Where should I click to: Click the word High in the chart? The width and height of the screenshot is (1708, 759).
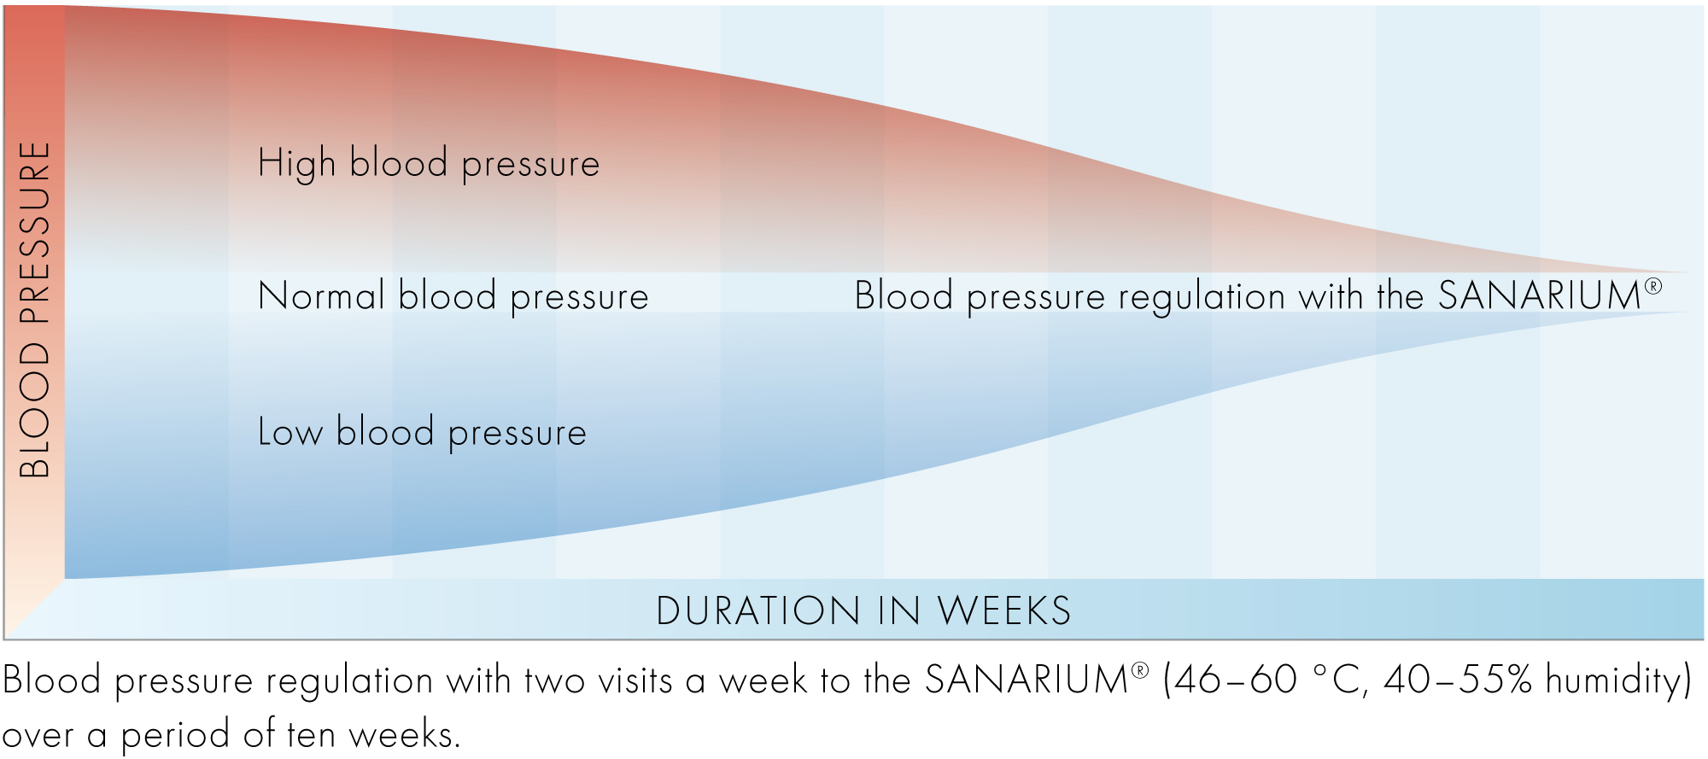(x=297, y=163)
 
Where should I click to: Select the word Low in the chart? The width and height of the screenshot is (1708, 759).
(x=290, y=432)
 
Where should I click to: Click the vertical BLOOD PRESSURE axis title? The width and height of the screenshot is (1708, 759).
(x=35, y=309)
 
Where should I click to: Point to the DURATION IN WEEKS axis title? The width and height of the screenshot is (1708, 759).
(x=863, y=611)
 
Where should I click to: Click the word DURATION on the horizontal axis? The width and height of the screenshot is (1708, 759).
(x=758, y=611)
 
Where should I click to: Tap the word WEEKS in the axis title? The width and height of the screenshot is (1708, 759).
(x=1004, y=611)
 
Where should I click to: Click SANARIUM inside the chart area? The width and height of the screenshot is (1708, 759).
(x=1540, y=296)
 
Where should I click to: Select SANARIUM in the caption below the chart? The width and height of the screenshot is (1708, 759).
(x=1027, y=680)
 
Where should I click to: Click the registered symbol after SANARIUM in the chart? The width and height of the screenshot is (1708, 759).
(x=1653, y=286)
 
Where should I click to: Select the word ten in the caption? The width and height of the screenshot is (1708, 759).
(x=311, y=734)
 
